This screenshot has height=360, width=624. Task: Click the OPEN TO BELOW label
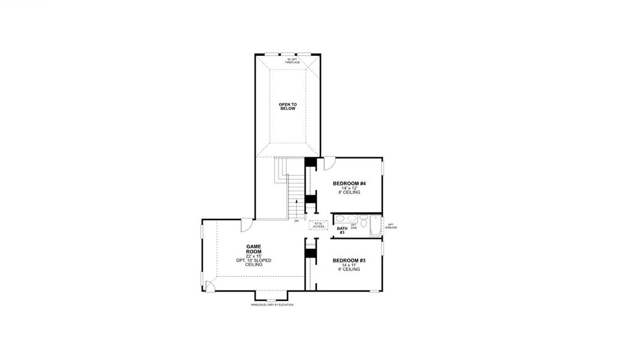287,106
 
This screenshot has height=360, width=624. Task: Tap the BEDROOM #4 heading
349,183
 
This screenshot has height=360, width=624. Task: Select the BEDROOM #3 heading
349,260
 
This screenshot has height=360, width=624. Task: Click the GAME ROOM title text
253,250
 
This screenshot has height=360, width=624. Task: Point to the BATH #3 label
342,230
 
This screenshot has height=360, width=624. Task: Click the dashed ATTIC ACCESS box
318,225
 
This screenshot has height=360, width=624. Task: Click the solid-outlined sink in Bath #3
339,219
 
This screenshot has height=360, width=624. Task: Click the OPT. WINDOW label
391,226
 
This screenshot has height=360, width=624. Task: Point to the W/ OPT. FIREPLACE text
292,61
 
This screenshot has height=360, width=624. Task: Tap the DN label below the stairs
296,221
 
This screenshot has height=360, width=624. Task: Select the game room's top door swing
247,225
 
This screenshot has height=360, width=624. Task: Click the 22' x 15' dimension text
253,256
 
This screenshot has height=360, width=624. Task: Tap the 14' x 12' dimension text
349,188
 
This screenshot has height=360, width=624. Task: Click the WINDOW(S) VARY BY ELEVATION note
272,305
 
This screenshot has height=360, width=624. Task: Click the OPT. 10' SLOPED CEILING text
253,263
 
